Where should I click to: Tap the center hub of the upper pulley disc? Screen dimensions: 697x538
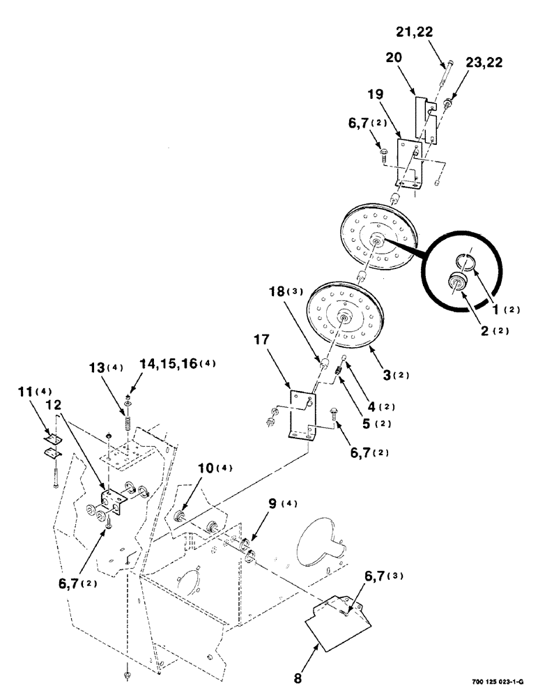(x=376, y=243)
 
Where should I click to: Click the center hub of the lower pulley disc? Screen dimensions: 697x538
(x=345, y=317)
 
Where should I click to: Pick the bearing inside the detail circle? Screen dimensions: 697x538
(x=458, y=282)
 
